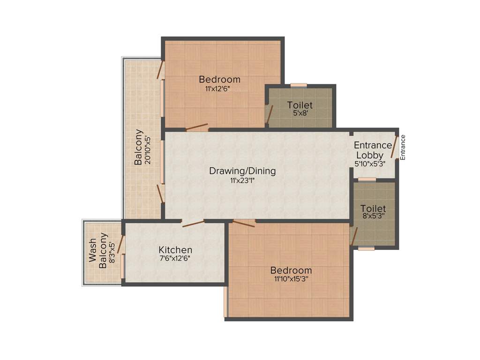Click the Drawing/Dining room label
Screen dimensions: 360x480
point(242,171)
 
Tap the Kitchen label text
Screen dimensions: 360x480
point(175,249)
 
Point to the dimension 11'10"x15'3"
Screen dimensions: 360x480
point(291,279)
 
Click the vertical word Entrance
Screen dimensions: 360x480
point(403,147)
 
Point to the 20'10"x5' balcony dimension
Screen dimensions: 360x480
point(148,149)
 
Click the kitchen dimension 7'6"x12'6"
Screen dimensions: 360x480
point(175,258)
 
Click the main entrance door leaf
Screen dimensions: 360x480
point(394,147)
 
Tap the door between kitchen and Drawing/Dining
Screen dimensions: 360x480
point(193,224)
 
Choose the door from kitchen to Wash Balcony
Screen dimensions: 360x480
point(120,244)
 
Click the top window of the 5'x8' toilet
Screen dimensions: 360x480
point(299,85)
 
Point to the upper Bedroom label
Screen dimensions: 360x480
point(219,79)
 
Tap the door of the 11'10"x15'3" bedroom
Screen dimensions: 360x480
point(244,223)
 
